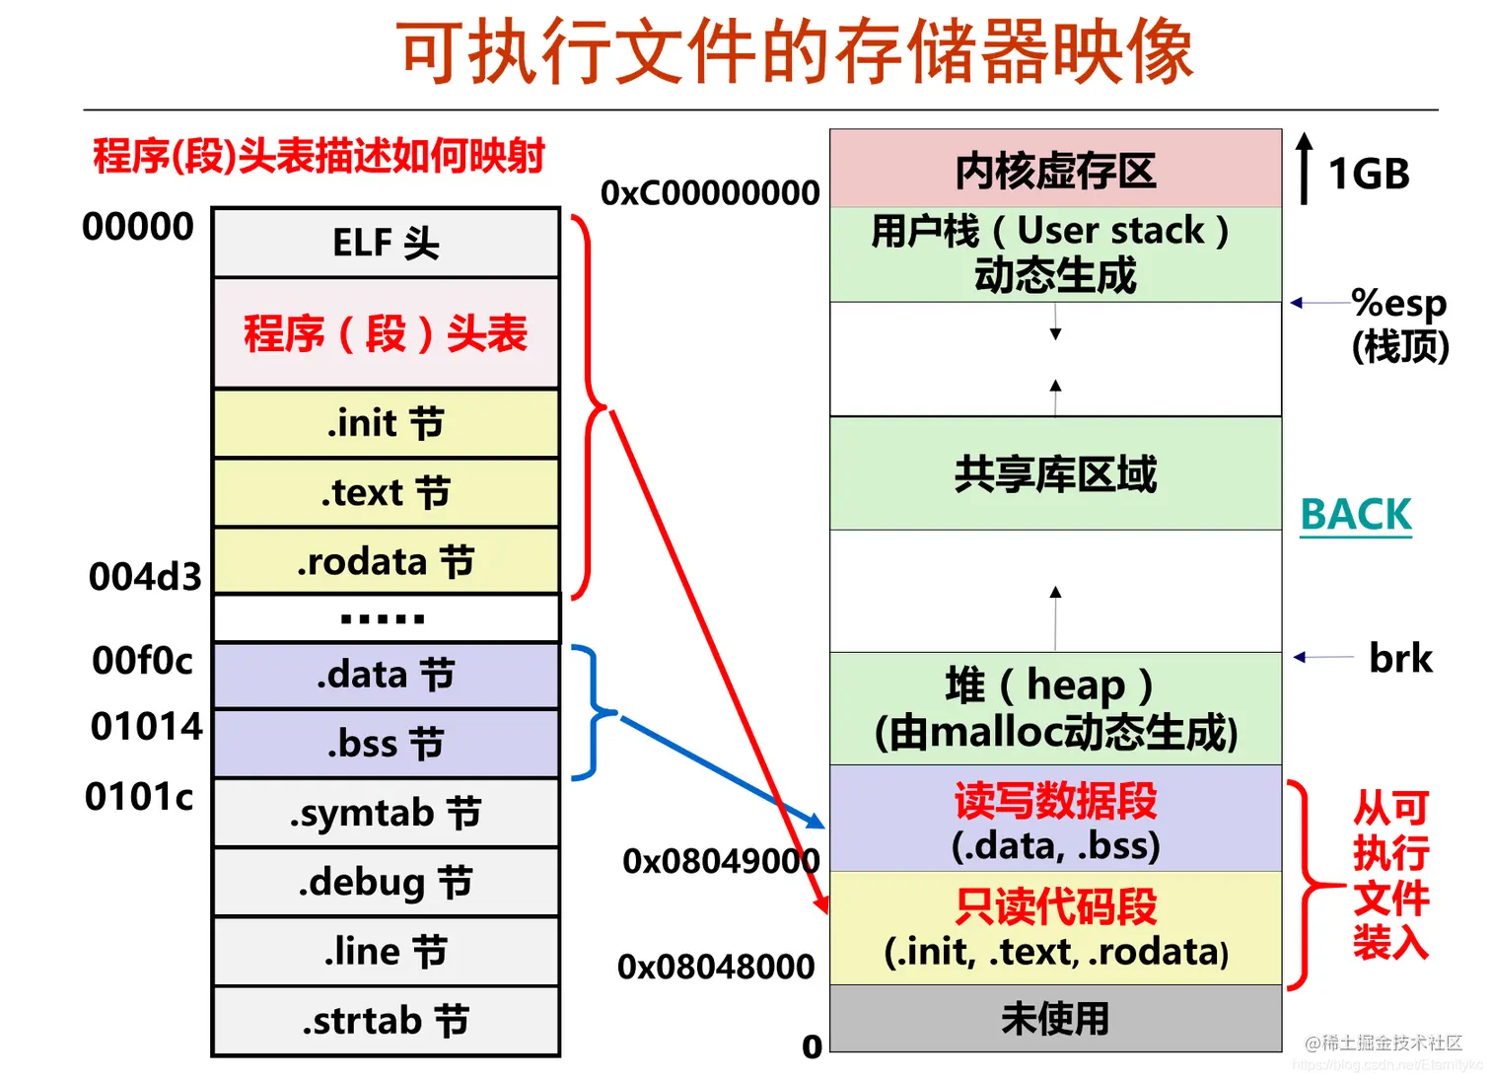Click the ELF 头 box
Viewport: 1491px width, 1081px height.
[386, 243]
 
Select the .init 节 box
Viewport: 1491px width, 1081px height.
[386, 423]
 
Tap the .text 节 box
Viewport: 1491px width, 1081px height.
[386, 492]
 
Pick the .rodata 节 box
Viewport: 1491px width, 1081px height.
[386, 561]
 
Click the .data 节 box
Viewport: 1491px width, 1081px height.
[386, 675]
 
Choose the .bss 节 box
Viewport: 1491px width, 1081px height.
[386, 744]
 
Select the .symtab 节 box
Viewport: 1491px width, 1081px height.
[386, 813]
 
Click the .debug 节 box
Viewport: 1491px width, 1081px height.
[386, 882]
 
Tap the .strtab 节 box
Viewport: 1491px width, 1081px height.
[386, 1021]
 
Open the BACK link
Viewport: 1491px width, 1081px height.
[1356, 515]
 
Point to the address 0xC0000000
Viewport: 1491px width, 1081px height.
[710, 192]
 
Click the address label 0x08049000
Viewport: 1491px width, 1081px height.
[721, 861]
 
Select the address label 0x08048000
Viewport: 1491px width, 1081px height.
[716, 967]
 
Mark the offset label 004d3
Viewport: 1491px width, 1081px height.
[145, 577]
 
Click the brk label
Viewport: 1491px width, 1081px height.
[1400, 658]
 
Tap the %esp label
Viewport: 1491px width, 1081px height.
[1398, 303]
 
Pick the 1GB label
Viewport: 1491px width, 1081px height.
[1369, 175]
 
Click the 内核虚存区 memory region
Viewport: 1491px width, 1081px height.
[1055, 170]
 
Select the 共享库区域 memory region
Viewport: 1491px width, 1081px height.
[1055, 473]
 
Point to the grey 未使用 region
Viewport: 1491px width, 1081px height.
[1055, 1018]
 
